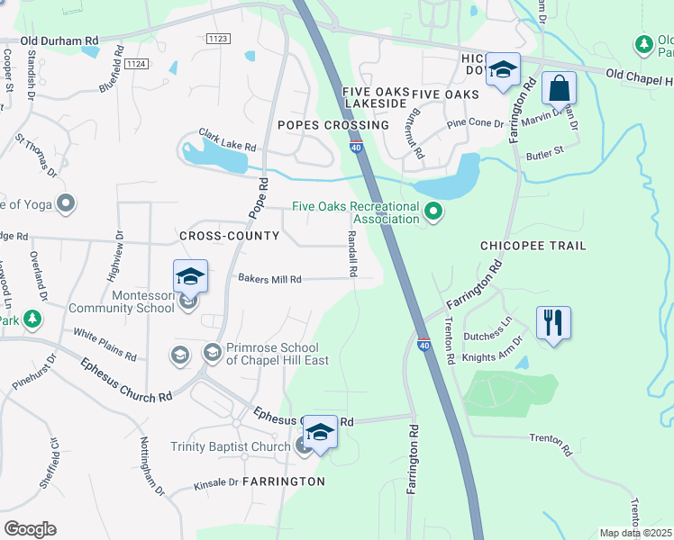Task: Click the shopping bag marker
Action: click(560, 91)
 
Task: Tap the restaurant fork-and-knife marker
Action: click(552, 323)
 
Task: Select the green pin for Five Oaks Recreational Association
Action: click(433, 212)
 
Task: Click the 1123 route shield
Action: click(217, 39)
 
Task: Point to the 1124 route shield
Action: click(137, 63)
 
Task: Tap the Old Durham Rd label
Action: click(59, 40)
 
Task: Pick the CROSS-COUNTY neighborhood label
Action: click(225, 236)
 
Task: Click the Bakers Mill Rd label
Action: click(269, 280)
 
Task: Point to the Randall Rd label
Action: click(353, 254)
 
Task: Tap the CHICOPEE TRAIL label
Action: click(533, 246)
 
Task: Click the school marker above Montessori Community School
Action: click(190, 277)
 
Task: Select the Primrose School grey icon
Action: click(213, 351)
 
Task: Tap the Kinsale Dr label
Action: click(216, 484)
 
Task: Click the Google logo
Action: click(30, 528)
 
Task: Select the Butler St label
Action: click(543, 150)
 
